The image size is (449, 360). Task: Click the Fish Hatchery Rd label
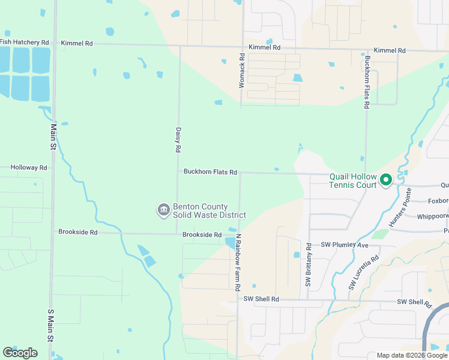[24, 43]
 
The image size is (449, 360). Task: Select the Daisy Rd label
[178, 139]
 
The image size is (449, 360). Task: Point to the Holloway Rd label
[28, 168]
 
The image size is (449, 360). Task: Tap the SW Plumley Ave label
[344, 245]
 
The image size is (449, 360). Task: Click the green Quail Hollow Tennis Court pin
[387, 179]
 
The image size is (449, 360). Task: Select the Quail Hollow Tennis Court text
[353, 181]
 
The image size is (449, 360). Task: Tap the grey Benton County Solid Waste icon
[163, 210]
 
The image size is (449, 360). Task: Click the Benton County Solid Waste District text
[209, 211]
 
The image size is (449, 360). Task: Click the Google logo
[20, 352]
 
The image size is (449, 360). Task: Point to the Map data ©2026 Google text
[411, 355]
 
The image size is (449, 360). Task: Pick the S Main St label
[50, 328]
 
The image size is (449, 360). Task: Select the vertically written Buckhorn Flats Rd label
[366, 82]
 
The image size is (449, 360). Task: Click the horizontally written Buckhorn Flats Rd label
[210, 172]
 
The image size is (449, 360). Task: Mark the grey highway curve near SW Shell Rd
[428, 327]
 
